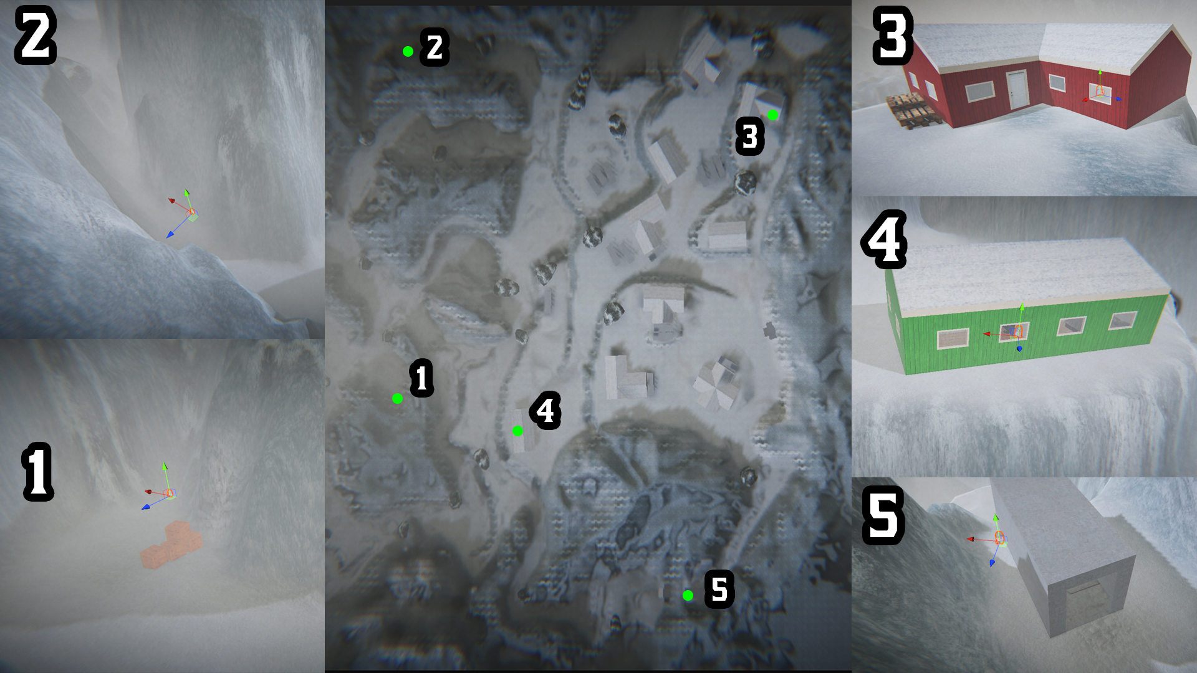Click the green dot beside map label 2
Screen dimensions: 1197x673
408,51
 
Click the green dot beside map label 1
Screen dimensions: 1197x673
397,398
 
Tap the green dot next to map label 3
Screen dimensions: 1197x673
773,115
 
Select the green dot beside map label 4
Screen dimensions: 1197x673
517,431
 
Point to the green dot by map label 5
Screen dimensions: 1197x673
688,595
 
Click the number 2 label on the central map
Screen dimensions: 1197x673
435,47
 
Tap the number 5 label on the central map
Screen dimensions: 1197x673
719,589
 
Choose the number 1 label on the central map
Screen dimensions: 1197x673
421,378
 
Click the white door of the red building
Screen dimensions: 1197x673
1017,90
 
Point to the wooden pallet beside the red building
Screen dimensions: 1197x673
910,110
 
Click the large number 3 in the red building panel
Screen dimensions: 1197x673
893,36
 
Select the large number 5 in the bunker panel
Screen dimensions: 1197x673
883,515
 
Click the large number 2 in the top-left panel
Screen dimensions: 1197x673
36,35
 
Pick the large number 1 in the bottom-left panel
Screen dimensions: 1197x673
37,472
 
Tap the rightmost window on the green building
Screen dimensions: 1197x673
1122,320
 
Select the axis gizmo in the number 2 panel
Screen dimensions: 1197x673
185,212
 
